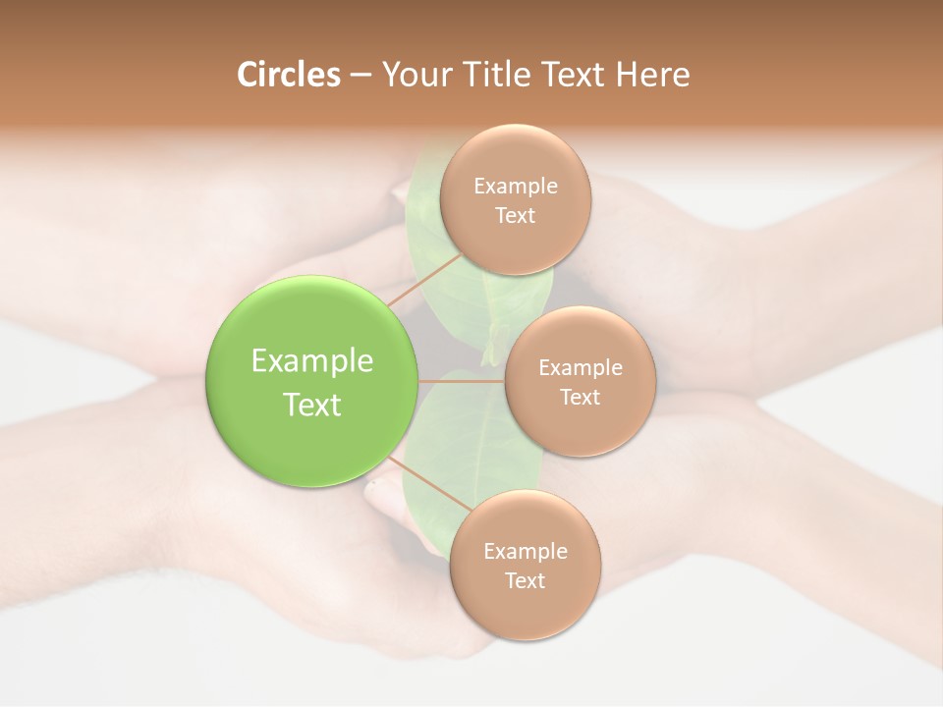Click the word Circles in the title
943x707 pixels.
coord(288,75)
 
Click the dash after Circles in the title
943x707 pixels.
coord(360,76)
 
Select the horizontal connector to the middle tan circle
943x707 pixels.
coord(461,381)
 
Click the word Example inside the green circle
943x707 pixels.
coord(312,361)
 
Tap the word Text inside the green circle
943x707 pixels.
coord(312,405)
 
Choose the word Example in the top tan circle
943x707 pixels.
coord(516,187)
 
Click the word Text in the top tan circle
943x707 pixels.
coord(516,216)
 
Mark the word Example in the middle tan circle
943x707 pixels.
coord(581,368)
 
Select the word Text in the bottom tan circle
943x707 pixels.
coord(525,580)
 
